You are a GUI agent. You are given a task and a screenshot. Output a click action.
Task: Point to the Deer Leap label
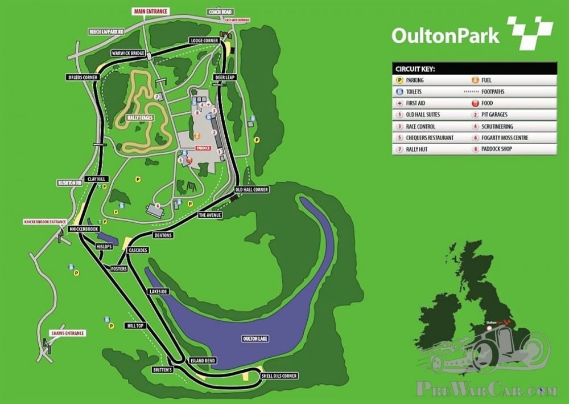(x=224, y=76)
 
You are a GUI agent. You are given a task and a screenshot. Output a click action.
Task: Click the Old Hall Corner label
(x=251, y=189)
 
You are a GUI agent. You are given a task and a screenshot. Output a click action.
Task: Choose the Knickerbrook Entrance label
(x=45, y=221)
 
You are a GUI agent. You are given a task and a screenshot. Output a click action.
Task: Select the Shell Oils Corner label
(x=279, y=376)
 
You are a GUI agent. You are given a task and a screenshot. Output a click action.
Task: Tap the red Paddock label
(x=203, y=148)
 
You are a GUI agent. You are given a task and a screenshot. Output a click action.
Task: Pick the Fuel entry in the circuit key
(x=485, y=80)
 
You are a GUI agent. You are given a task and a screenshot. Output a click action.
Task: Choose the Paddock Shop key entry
(x=492, y=149)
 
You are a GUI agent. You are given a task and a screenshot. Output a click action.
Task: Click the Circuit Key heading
(x=415, y=68)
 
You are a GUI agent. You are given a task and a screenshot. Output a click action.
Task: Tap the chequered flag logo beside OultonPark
(x=529, y=32)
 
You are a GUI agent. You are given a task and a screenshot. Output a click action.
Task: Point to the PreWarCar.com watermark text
(x=486, y=390)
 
